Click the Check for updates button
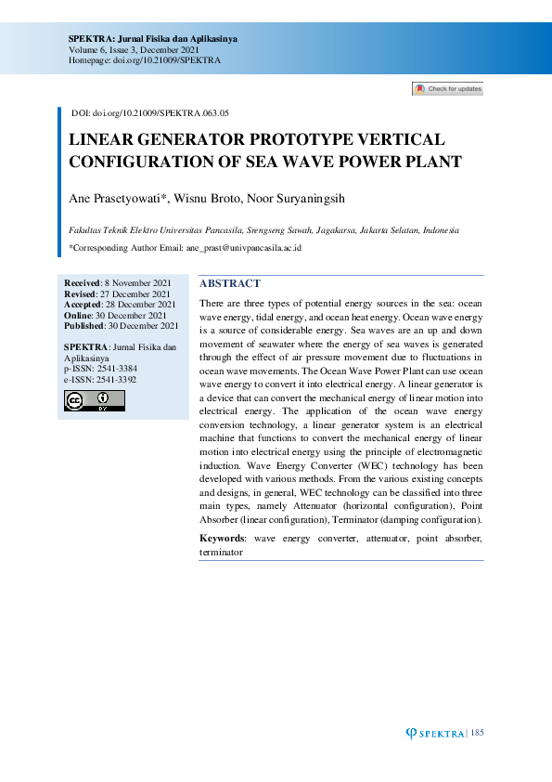click(448, 89)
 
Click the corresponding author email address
click(244, 248)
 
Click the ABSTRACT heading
click(230, 283)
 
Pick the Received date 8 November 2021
click(136, 282)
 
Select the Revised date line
click(117, 293)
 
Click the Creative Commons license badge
click(94, 400)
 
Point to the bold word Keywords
click(223, 539)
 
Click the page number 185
click(478, 734)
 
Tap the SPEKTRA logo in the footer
click(436, 734)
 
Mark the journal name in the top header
click(153, 38)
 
